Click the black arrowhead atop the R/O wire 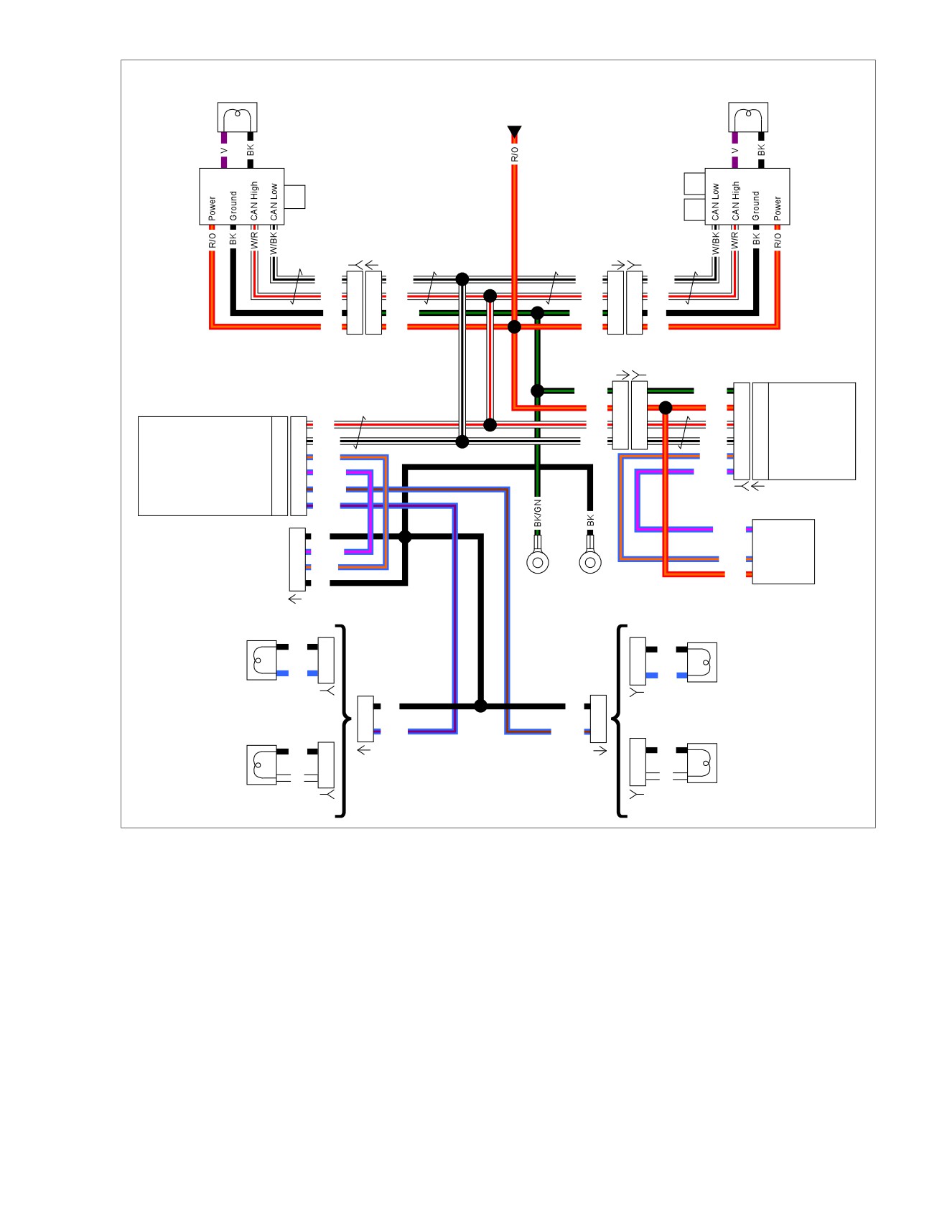coord(514,131)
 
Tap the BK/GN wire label coord(538,513)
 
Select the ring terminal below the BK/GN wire coord(538,561)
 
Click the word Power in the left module coord(212,208)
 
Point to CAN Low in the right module coord(715,202)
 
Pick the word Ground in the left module coord(233,206)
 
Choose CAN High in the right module coord(735,201)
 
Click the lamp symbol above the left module coord(237,117)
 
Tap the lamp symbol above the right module coord(748,117)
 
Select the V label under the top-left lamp coord(223,151)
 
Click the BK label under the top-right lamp coord(761,150)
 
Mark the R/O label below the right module coord(778,240)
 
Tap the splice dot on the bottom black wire coord(480,706)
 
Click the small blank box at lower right coord(783,551)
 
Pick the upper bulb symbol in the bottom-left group coord(261,660)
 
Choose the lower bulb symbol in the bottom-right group coord(702,762)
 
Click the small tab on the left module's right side coord(294,197)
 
